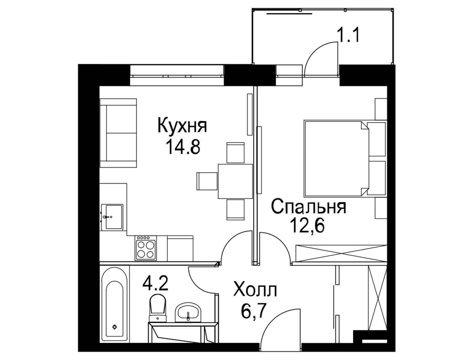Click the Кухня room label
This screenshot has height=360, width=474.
coord(182,125)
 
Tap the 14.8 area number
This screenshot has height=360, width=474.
coord(183,146)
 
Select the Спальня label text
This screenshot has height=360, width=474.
coord(309,207)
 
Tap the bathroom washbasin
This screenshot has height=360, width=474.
coord(188,312)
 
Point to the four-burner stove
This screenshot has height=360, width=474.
coord(145,248)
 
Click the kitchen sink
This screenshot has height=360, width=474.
coord(112,217)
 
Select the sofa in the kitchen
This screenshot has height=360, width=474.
coord(118,133)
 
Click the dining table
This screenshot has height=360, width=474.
coord(235,181)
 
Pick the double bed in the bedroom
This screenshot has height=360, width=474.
coord(345,159)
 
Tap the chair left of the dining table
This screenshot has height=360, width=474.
coord(207,181)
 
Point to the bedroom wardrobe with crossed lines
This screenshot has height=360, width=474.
coord(341,253)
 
